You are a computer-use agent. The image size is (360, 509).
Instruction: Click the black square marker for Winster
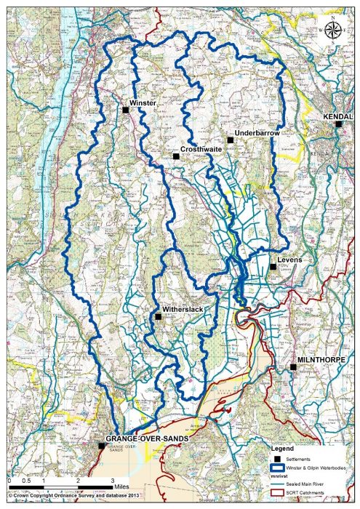pos(125,111)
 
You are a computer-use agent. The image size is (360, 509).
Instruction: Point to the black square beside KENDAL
pos(339,125)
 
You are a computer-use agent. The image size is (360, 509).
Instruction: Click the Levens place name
pos(291,260)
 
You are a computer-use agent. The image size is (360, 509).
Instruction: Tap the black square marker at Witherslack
pos(158,317)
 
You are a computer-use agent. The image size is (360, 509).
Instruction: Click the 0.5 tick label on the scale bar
pos(26,481)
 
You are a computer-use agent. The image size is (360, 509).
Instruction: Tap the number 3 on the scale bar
pos(111,481)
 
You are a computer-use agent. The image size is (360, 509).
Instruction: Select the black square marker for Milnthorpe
pos(293,368)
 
